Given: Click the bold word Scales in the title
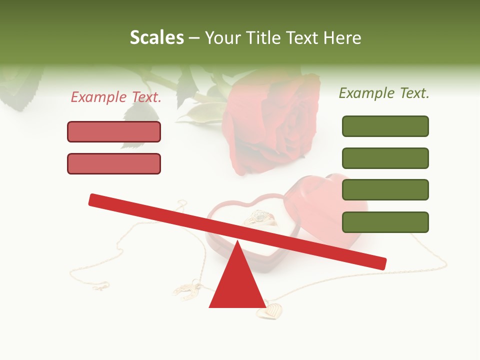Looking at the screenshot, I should pyautogui.click(x=157, y=37).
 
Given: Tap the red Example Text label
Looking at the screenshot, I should pyautogui.click(x=116, y=97).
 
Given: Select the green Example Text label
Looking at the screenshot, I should pyautogui.click(x=384, y=93).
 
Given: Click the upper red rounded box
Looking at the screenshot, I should pyautogui.click(x=114, y=131).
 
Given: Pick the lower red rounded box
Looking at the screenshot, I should pyautogui.click(x=114, y=163).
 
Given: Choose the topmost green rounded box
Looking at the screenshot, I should pyautogui.click(x=385, y=126).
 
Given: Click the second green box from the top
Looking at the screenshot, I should pyautogui.click(x=385, y=158).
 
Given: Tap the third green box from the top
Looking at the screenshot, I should pyautogui.click(x=385, y=190).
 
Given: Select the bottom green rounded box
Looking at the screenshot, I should pyautogui.click(x=385, y=222).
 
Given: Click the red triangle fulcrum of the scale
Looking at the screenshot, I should pyautogui.click(x=237, y=282).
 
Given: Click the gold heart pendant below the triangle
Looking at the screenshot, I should pyautogui.click(x=269, y=310).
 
